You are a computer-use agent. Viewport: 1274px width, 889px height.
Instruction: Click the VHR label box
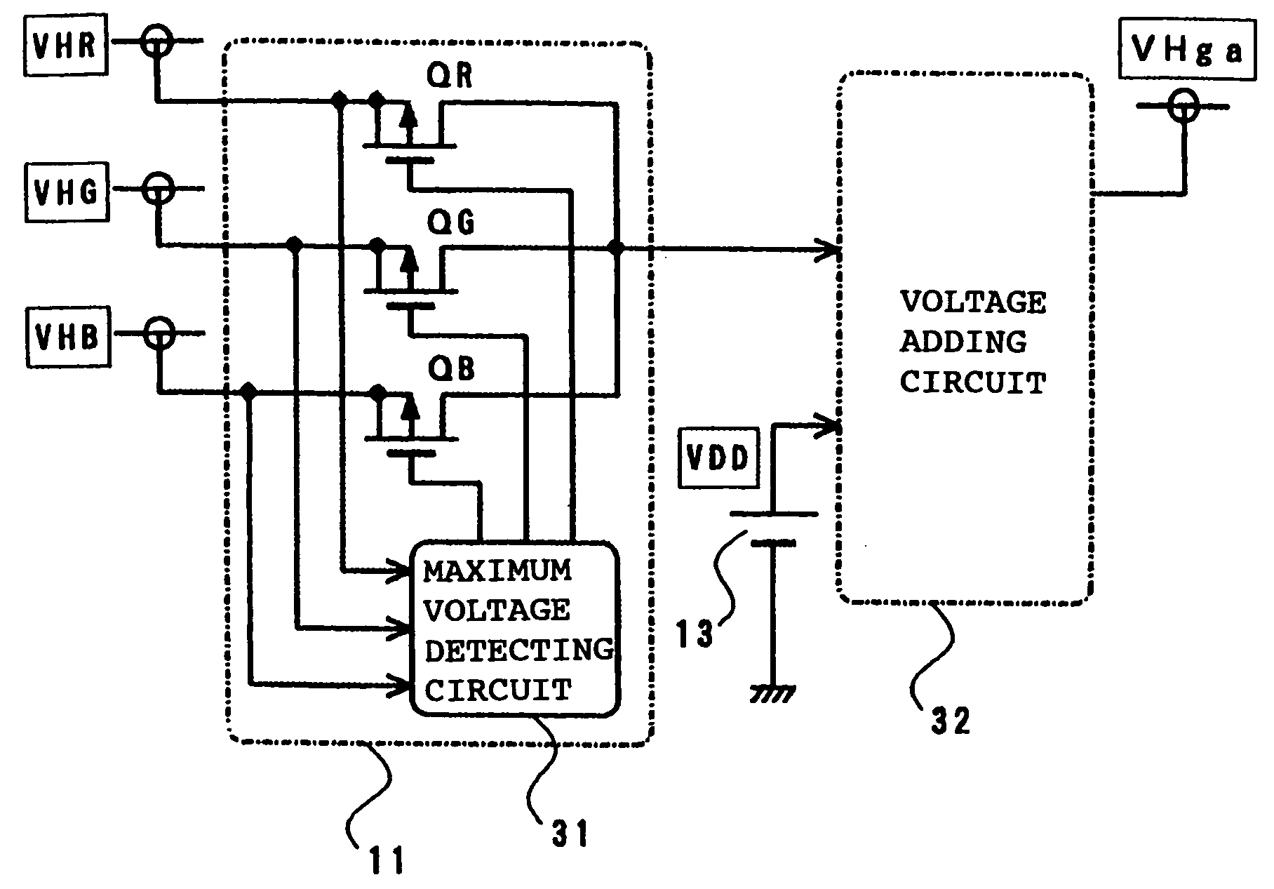(x=67, y=44)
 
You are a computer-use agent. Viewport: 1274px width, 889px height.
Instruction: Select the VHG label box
(x=67, y=192)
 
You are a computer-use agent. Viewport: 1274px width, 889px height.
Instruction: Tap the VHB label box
(x=67, y=336)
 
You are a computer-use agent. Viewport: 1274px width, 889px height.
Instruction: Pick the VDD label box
(x=718, y=459)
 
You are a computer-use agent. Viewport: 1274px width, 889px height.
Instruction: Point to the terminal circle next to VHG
(x=159, y=189)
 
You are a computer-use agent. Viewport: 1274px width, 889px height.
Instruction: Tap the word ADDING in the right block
(x=963, y=342)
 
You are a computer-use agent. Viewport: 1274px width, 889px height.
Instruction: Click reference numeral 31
(x=569, y=834)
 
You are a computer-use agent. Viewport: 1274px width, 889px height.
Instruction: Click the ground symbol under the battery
(x=772, y=693)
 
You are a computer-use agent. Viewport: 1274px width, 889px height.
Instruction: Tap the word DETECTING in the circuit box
(x=519, y=650)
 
